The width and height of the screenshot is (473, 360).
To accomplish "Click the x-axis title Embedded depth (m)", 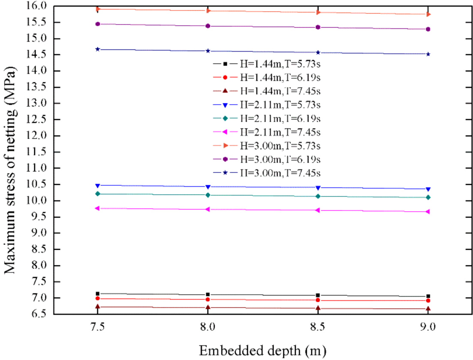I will (x=262, y=351).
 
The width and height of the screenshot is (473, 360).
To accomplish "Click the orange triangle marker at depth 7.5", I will (x=98, y=9).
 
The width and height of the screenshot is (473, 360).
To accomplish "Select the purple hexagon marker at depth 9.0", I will (x=428, y=29).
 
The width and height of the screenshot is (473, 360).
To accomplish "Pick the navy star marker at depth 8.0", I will (x=208, y=51).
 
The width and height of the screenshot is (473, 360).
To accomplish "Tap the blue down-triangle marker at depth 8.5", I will (x=318, y=188).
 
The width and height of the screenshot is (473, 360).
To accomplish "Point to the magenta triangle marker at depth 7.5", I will (x=98, y=209).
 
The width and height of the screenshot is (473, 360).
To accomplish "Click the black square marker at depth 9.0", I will (x=428, y=296).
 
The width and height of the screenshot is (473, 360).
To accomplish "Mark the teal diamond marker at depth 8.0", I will (x=208, y=195).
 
